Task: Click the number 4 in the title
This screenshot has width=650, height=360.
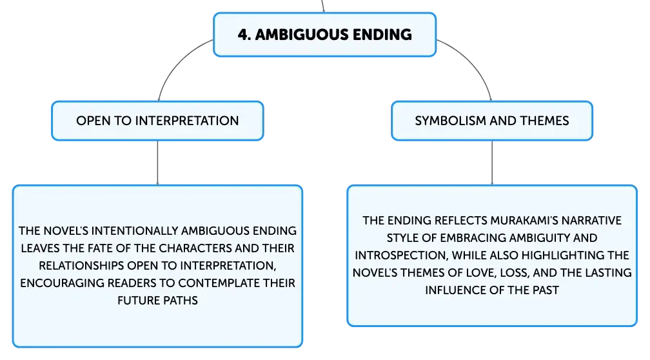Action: click(242, 35)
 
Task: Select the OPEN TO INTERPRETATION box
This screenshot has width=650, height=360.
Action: click(157, 121)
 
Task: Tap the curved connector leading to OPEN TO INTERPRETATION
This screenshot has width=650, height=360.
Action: click(177, 62)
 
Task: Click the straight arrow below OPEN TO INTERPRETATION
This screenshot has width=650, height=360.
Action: click(157, 163)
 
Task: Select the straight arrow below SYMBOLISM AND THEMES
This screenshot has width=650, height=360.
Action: click(492, 163)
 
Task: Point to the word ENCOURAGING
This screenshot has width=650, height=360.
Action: click(62, 283)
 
